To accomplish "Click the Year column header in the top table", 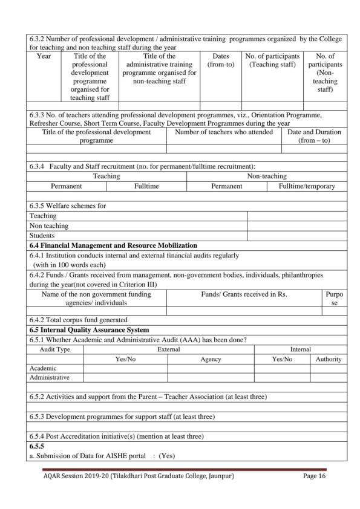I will click(44, 56).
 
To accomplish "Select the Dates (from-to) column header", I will click(220, 60).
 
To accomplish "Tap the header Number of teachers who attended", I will click(224, 132).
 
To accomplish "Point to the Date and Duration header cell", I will click(314, 136).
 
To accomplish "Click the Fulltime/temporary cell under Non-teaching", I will click(307, 186).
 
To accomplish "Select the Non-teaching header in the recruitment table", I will click(267, 176).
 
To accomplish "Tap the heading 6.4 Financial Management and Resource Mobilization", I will click(113, 245).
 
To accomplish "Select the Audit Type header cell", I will click(55, 349).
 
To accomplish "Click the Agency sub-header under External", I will click(211, 359).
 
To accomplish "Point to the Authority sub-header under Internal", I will click(329, 359).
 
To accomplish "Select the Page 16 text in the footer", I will click(315, 476).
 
